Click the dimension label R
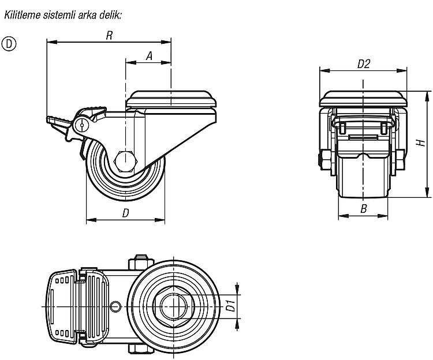click(109, 35)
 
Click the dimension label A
click(149, 56)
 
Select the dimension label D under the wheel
click(126, 213)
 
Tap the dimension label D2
click(363, 64)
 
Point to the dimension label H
click(421, 143)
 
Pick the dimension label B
click(364, 209)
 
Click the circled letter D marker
click(9, 44)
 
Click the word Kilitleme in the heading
click(22, 15)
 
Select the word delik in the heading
click(110, 15)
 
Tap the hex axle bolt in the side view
click(125, 161)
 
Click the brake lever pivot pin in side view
click(82, 125)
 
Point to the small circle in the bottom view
click(115, 306)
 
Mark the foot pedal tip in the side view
click(47, 119)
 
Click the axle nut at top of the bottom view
click(141, 262)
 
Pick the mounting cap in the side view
click(171, 99)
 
